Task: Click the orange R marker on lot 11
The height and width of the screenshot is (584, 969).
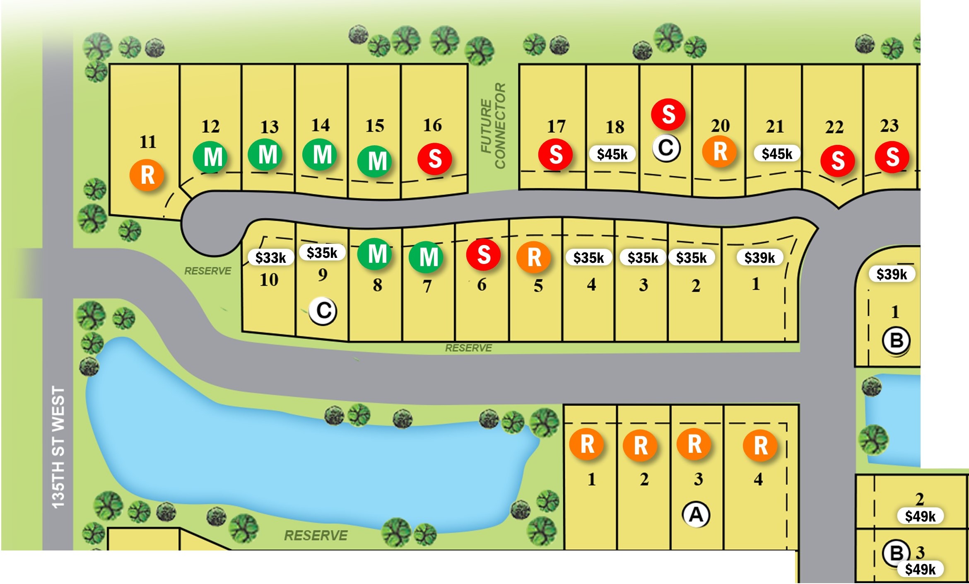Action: pyautogui.click(x=147, y=175)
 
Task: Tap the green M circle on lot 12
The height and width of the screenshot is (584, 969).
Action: pyautogui.click(x=210, y=157)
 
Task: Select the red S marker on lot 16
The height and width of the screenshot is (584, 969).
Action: pyautogui.click(x=434, y=159)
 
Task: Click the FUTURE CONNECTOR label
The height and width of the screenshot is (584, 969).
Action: pyautogui.click(x=493, y=126)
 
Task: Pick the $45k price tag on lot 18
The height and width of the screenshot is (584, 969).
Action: pyautogui.click(x=612, y=154)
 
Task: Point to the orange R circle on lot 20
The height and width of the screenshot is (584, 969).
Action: pyautogui.click(x=720, y=151)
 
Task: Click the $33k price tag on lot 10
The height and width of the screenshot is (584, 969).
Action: pyautogui.click(x=270, y=257)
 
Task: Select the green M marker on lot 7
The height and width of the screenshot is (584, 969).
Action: pyautogui.click(x=426, y=257)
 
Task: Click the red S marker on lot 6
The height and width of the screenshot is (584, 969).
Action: pyautogui.click(x=483, y=255)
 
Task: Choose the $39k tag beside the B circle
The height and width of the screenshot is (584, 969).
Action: pyautogui.click(x=892, y=274)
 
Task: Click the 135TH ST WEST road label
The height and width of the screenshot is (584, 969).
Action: pyautogui.click(x=58, y=447)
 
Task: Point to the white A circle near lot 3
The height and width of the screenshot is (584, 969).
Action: pyautogui.click(x=696, y=514)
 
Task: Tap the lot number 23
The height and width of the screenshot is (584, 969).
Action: pyautogui.click(x=889, y=125)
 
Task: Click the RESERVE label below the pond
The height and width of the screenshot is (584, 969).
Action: pyautogui.click(x=316, y=535)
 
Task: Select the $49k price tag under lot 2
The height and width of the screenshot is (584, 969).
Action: pyautogui.click(x=920, y=516)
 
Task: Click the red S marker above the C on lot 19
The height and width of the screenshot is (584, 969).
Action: pyautogui.click(x=668, y=114)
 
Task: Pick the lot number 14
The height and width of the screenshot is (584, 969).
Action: pyautogui.click(x=321, y=125)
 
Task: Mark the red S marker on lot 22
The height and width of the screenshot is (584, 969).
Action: pyautogui.click(x=838, y=161)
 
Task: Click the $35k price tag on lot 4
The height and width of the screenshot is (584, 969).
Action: pyautogui.click(x=588, y=258)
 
